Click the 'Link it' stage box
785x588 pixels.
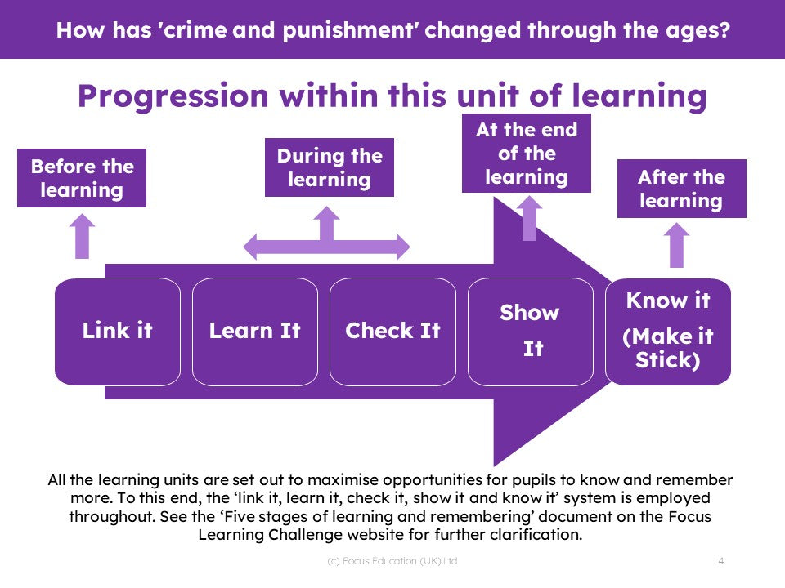pyautogui.click(x=118, y=332)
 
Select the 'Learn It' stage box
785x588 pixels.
pyautogui.click(x=255, y=332)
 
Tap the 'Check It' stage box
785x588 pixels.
pyautogui.click(x=392, y=332)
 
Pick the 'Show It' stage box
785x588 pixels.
pyautogui.click(x=530, y=332)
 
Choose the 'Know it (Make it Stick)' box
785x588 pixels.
pyautogui.click(x=668, y=332)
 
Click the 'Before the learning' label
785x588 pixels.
pyautogui.click(x=82, y=178)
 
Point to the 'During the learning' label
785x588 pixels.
pyautogui.click(x=330, y=167)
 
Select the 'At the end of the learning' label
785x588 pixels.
pyautogui.click(x=526, y=153)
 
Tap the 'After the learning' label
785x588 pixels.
pyautogui.click(x=681, y=189)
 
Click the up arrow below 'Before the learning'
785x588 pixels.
pyautogui.click(x=82, y=237)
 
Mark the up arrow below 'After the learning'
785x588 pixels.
pyautogui.click(x=676, y=245)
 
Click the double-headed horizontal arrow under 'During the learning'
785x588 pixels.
pyautogui.click(x=326, y=246)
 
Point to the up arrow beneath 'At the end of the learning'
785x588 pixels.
pyautogui.click(x=529, y=218)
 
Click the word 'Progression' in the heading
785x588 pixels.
pyautogui.click(x=173, y=96)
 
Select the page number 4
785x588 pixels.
pyautogui.click(x=721, y=561)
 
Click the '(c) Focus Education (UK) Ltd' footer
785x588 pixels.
pyautogui.click(x=392, y=561)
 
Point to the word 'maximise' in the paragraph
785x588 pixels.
pyautogui.click(x=343, y=480)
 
